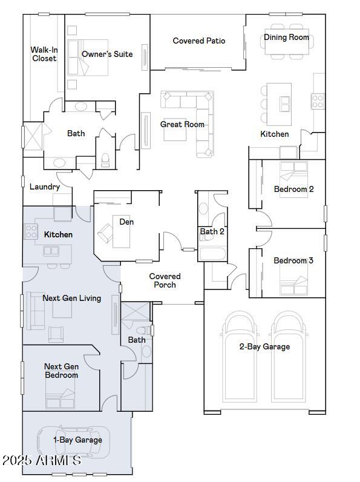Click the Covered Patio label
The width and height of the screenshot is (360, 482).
click(198, 41)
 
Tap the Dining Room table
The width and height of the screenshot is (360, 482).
click(287, 42)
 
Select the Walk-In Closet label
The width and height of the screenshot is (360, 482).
click(44, 54)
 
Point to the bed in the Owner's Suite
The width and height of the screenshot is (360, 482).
click(88, 58)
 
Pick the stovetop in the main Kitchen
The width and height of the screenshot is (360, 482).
click(318, 101)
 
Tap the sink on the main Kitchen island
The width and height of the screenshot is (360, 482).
click(284, 104)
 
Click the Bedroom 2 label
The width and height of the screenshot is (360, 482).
click(293, 189)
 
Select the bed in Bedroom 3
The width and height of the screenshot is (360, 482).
click(293, 280)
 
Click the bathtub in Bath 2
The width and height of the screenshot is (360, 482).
click(212, 254)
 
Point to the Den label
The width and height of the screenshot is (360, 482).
click(126, 222)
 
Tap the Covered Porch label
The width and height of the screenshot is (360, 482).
click(165, 280)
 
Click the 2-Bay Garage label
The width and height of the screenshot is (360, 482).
click(265, 347)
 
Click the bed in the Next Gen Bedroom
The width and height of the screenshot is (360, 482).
click(61, 394)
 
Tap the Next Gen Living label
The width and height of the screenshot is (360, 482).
click(71, 298)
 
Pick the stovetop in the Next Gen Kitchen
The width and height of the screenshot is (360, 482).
click(31, 231)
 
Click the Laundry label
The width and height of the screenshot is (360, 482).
click(45, 187)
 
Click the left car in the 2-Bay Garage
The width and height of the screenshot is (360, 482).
click(240, 357)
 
